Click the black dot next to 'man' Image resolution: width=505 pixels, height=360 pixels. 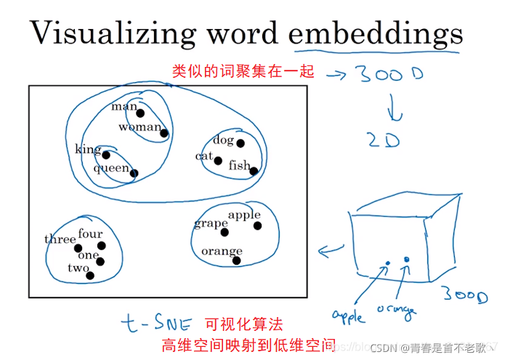click(140, 113)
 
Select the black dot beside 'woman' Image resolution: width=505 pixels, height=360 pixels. click(164, 133)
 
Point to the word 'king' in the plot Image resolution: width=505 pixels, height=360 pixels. click(87, 150)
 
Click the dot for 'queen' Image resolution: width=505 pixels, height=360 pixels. click(134, 173)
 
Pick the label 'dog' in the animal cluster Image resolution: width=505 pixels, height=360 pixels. click(223, 140)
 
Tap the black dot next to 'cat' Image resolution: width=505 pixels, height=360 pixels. click(218, 161)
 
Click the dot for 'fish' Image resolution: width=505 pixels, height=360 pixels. click(254, 171)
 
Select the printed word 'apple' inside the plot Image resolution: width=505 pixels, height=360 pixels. click(244, 215)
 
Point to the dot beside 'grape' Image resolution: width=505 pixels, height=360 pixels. click(225, 233)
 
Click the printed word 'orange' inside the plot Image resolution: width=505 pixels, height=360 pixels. click(222, 251)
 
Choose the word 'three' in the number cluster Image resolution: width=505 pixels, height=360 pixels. click(60, 239)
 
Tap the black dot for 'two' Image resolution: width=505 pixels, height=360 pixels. click(90, 276)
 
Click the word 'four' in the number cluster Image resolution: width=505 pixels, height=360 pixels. click(91, 233)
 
